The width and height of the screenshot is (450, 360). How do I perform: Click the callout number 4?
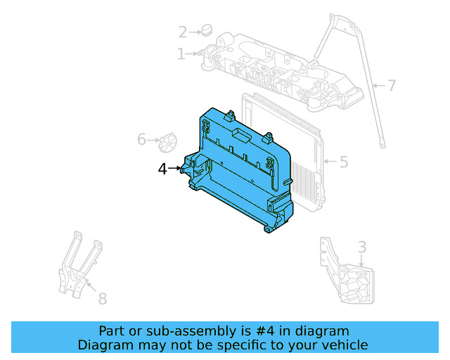pos(162,169)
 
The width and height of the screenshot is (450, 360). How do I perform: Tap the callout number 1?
pos(181,53)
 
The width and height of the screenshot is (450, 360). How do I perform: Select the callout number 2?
pos(183,32)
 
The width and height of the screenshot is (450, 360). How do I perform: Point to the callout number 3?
pos(361,247)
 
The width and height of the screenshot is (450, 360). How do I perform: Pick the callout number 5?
pos(343,162)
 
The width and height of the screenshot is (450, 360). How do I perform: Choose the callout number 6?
pos(142,140)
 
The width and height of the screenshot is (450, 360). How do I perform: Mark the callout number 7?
pos(391,86)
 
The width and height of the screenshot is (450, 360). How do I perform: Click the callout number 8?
pos(102,299)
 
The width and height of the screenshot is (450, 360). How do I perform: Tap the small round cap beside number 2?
pos(206,30)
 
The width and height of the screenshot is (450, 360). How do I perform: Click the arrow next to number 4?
pos(176,169)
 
